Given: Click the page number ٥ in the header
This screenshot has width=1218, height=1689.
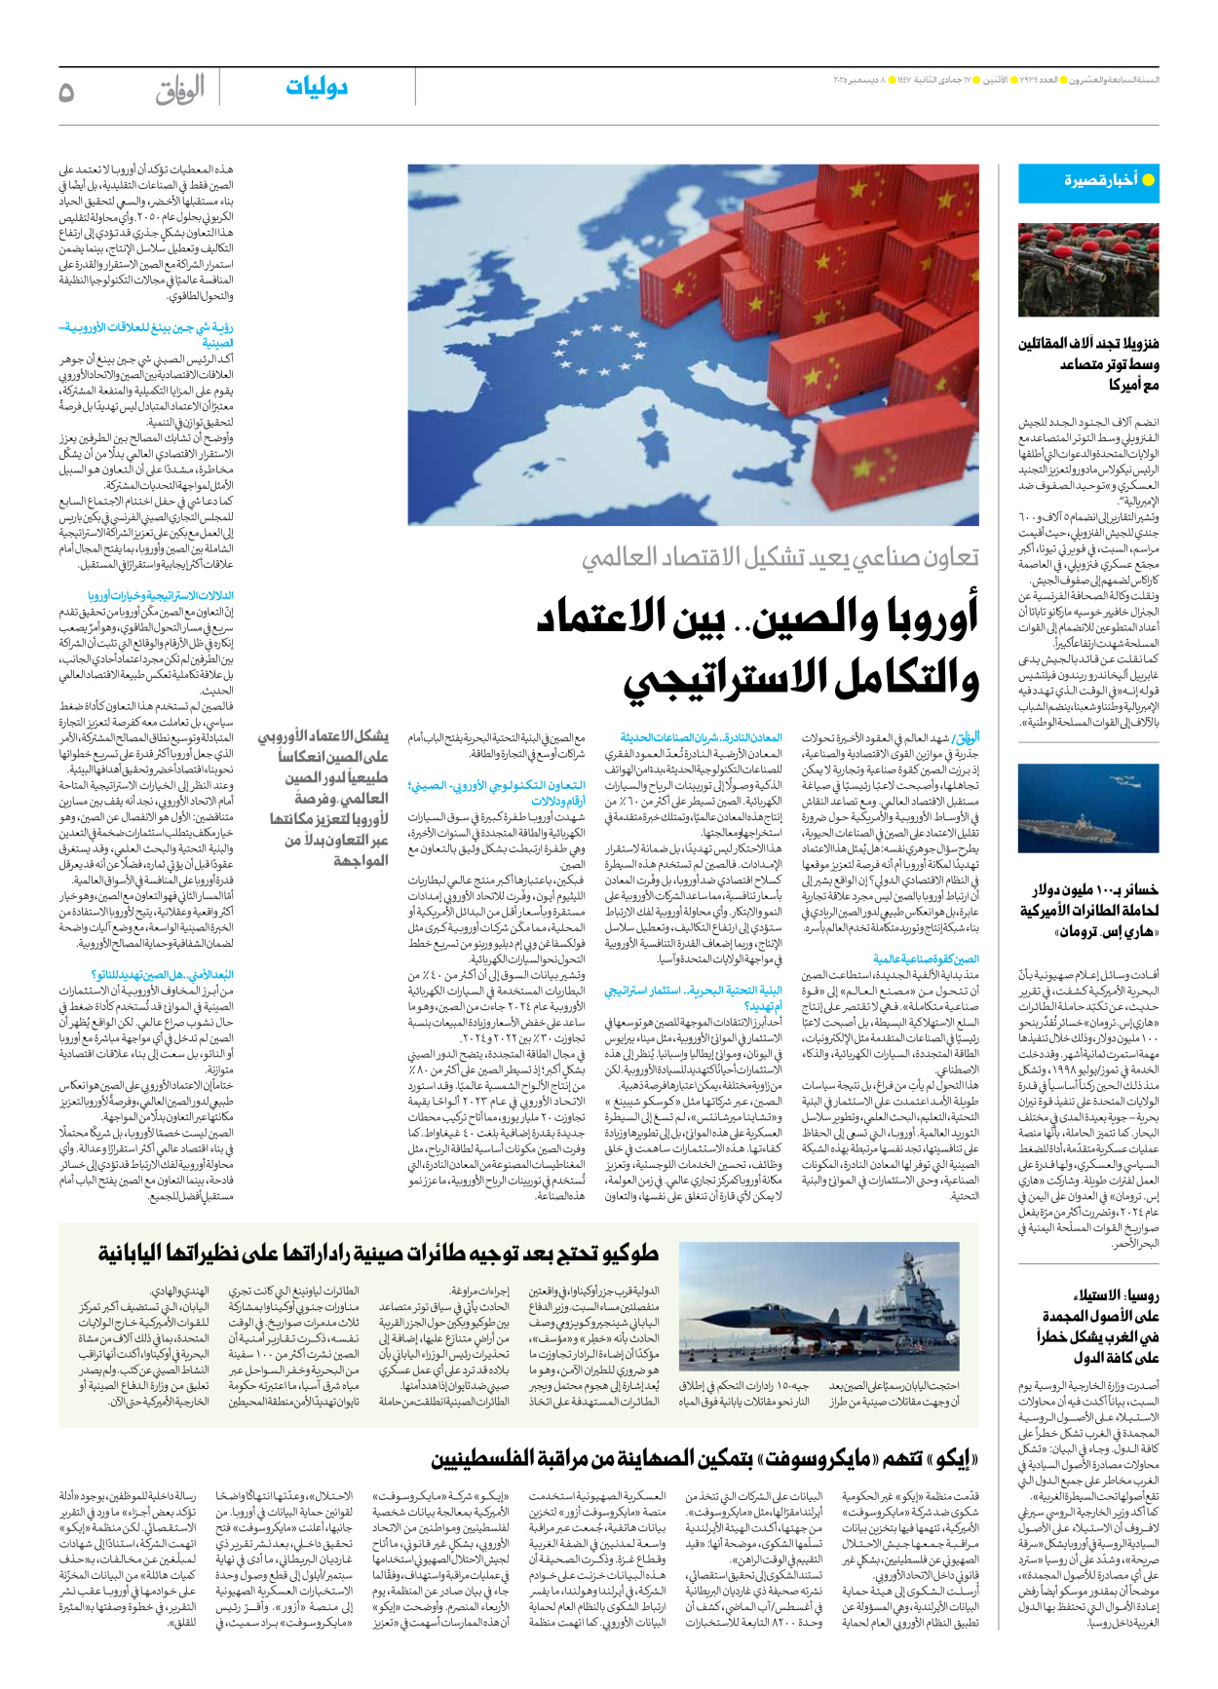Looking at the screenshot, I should point(66,92).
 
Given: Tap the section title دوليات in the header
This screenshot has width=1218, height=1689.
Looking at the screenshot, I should point(316,88).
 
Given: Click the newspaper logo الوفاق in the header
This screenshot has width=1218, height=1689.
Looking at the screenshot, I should point(179,91).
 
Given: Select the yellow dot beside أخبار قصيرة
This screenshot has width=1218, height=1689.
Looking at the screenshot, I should point(1148,180).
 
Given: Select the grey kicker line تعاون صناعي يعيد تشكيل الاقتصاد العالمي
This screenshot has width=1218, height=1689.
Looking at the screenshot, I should point(780,558).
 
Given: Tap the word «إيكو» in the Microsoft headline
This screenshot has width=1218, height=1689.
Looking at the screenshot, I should point(955,1459).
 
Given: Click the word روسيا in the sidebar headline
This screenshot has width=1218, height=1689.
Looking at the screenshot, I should point(1142,1295).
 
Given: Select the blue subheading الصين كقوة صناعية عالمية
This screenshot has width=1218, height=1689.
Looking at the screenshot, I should point(926,959).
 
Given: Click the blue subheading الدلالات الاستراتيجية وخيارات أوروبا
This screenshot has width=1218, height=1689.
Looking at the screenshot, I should point(161,595).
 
